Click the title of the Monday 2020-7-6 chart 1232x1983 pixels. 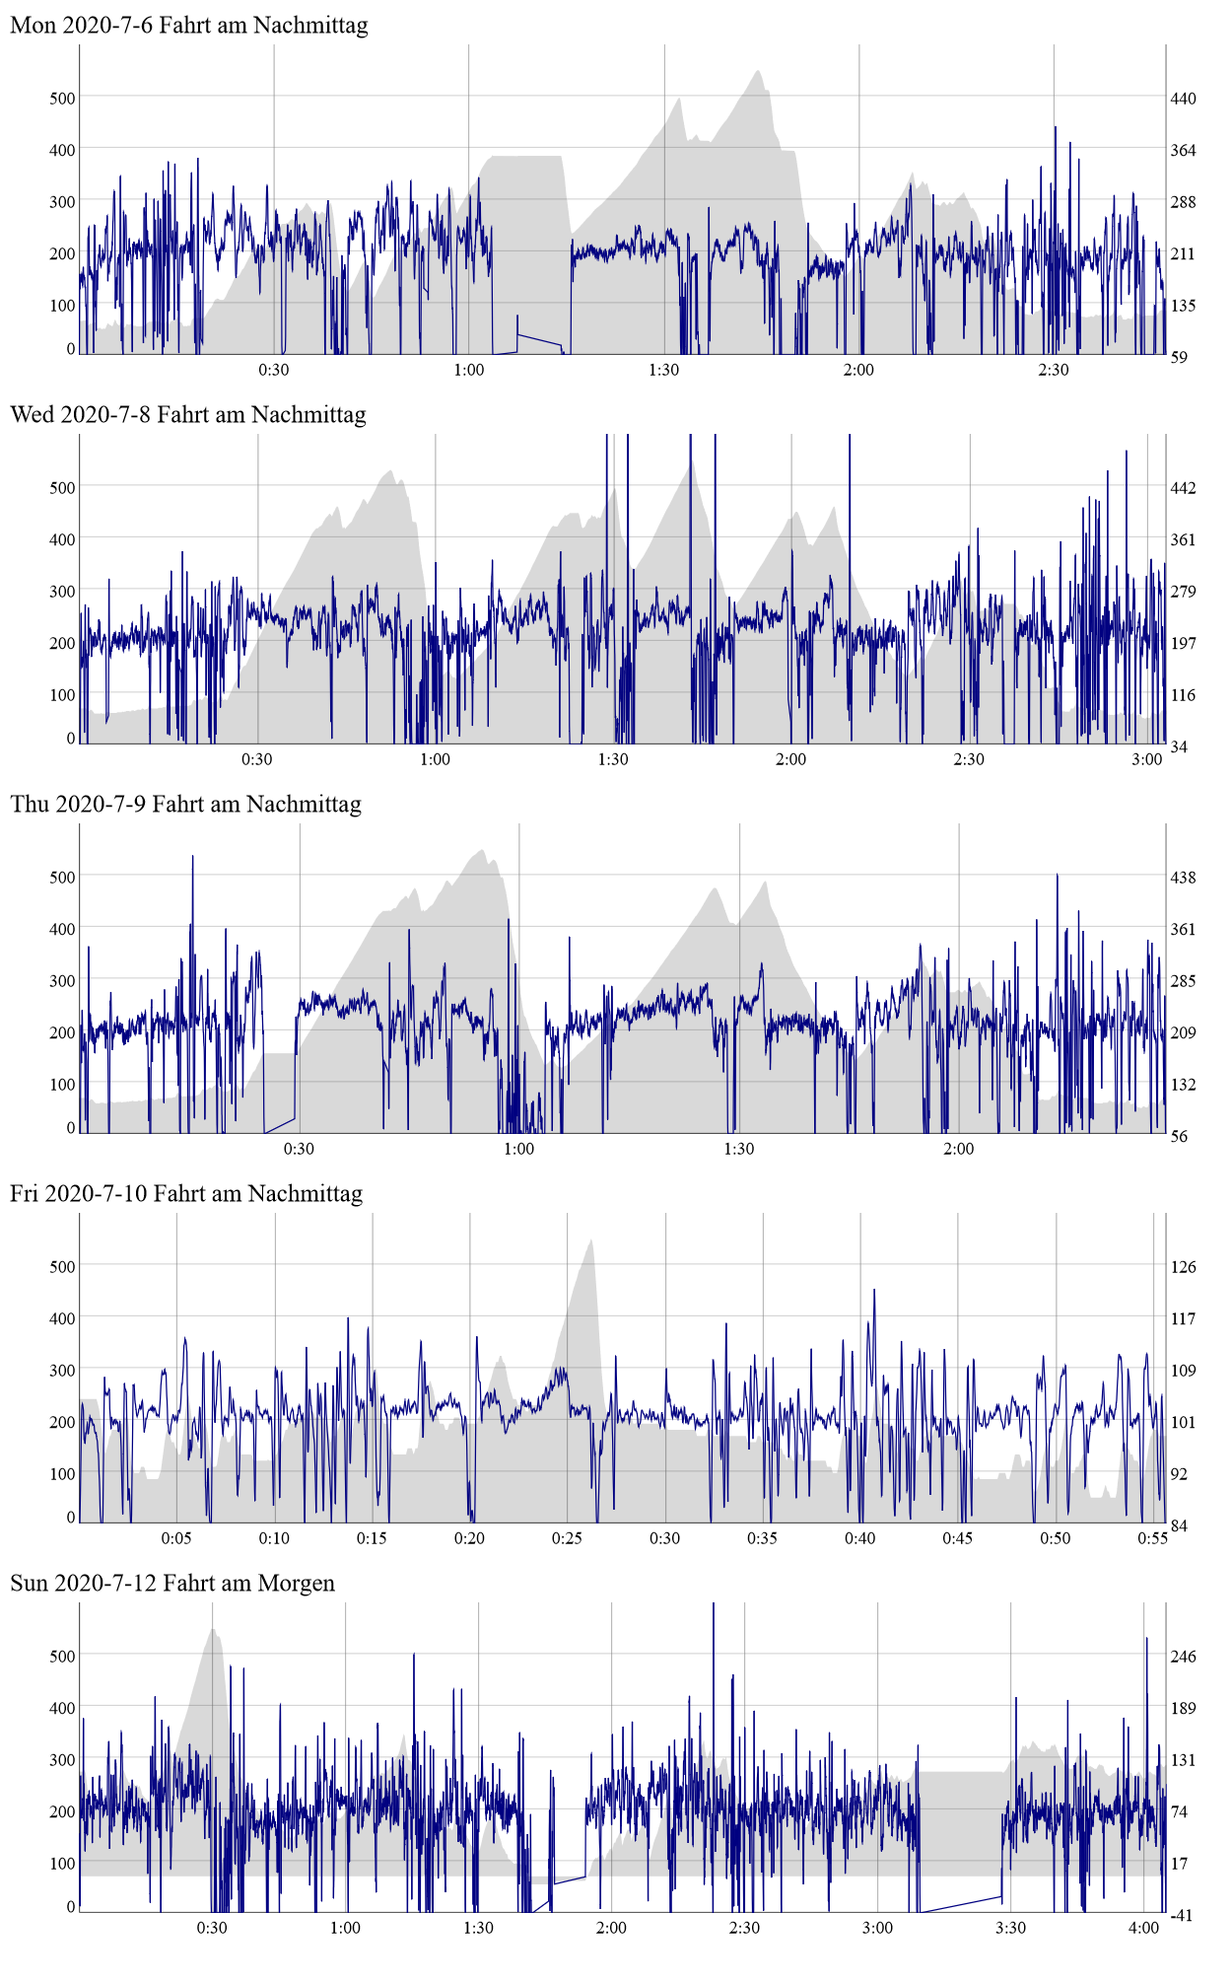pos(189,26)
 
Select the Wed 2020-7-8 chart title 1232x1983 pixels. pos(188,415)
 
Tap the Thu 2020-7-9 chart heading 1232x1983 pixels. pos(186,805)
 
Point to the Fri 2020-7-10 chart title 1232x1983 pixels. pos(186,1194)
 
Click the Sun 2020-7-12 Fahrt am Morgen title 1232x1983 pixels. pos(172,1584)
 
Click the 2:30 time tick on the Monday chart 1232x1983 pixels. pos(1054,371)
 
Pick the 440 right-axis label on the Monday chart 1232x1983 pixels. pos(1183,99)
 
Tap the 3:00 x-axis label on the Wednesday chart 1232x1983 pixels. pos(1146,760)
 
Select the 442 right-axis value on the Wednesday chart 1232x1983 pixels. pos(1183,488)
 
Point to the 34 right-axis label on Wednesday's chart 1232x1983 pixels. pos(1179,747)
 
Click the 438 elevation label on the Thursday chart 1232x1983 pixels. pos(1183,878)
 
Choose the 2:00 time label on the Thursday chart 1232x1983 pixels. pos(959,1150)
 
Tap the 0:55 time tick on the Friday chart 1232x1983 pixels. pos(1153,1539)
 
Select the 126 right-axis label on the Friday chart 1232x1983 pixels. pos(1183,1267)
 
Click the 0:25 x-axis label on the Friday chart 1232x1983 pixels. pos(567,1539)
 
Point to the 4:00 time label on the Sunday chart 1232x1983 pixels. pos(1143,1929)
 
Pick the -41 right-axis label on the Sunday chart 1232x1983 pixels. pos(1181,1916)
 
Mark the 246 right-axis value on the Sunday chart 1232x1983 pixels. pos(1183,1657)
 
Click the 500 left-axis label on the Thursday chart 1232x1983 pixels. pos(62,878)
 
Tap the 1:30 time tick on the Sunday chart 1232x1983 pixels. pos(478,1929)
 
